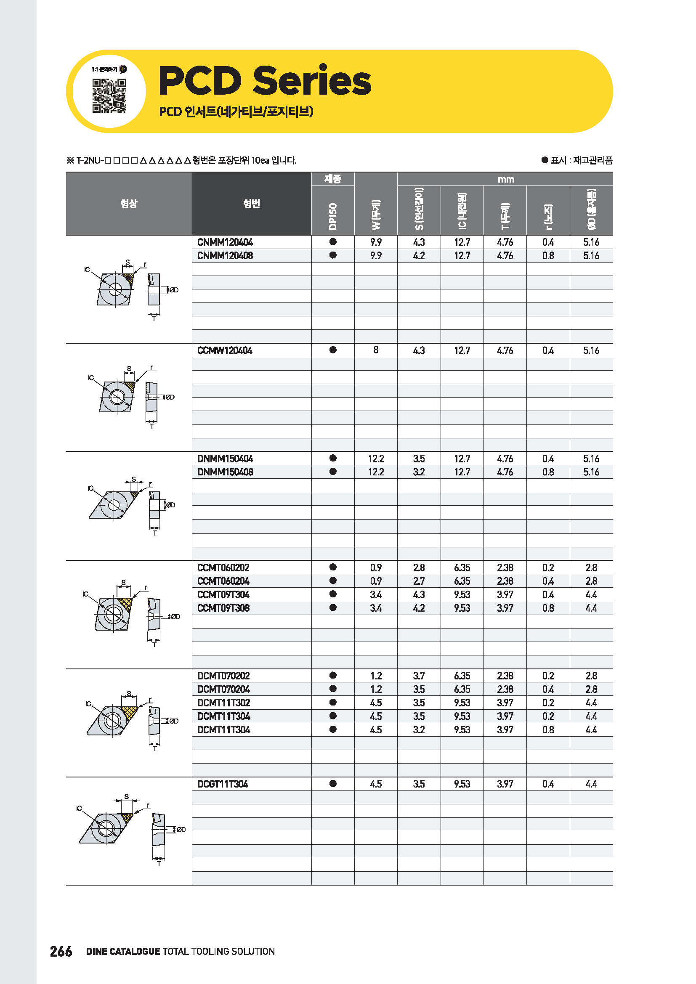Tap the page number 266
[61, 951]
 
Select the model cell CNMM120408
[225, 256]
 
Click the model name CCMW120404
[225, 350]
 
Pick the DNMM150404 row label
[225, 459]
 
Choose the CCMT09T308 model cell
[223, 608]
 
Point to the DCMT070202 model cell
[223, 676]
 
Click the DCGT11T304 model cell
[223, 784]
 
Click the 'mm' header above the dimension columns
[505, 179]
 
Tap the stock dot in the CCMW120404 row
[332, 350]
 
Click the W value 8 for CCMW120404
[376, 350]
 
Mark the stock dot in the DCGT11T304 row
[332, 783]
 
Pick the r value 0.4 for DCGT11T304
[548, 784]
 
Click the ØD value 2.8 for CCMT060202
[591, 568]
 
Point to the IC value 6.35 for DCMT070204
[462, 689]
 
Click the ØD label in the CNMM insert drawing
[173, 290]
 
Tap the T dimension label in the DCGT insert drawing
[159, 864]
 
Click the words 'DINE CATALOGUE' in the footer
[123, 952]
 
